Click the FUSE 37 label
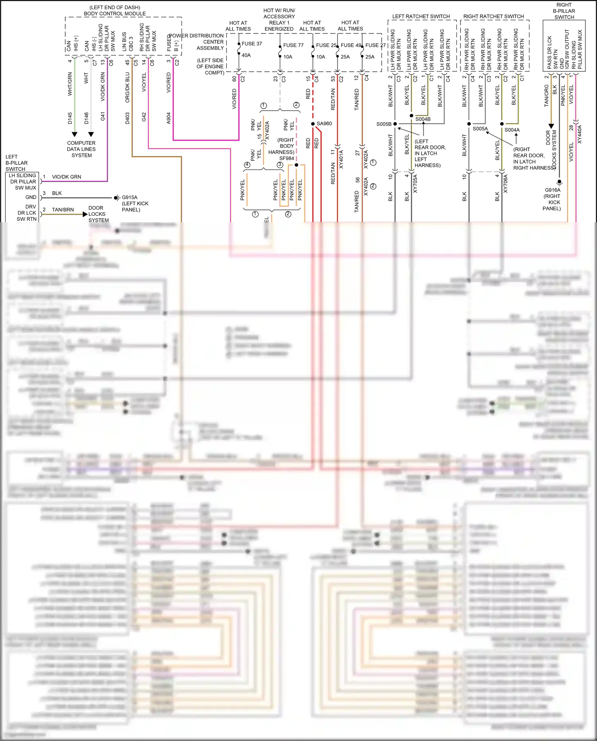pos(252,44)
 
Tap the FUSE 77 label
pos(293,45)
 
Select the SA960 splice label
pos(324,123)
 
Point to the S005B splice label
pos(384,124)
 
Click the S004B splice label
pos(423,119)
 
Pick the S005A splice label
pos(480,129)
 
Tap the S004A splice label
pos(512,130)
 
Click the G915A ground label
pos(130,197)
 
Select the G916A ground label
pos(552,190)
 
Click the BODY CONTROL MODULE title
pos(115,14)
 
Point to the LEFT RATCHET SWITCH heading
pos(421,16)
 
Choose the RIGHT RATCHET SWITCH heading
pos(494,16)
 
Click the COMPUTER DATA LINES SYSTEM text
pos(82,149)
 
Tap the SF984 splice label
pos(287,158)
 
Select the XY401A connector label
pos(341,159)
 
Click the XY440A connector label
pos(579,134)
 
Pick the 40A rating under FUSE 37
pos(246,55)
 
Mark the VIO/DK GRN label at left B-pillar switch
pos(66,177)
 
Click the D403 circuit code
pos(127,118)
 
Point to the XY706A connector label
pos(506,184)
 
